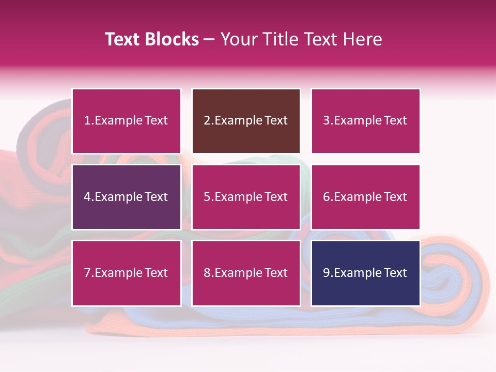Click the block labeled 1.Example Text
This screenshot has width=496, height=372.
(126, 121)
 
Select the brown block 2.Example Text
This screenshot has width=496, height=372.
(246, 121)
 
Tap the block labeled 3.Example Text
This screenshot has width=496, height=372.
(365, 121)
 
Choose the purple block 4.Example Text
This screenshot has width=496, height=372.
(126, 197)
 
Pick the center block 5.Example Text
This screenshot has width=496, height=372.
(246, 197)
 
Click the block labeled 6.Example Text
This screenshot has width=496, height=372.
(365, 197)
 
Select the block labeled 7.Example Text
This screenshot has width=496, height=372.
(126, 273)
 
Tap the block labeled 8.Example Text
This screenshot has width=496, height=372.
(246, 273)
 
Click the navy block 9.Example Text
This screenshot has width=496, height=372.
(365, 273)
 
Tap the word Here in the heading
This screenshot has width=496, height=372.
(364, 39)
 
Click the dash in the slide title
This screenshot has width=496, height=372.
(209, 39)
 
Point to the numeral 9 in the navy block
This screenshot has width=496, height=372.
(327, 273)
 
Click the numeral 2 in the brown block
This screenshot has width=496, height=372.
(207, 121)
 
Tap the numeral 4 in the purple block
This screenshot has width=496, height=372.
(87, 197)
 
